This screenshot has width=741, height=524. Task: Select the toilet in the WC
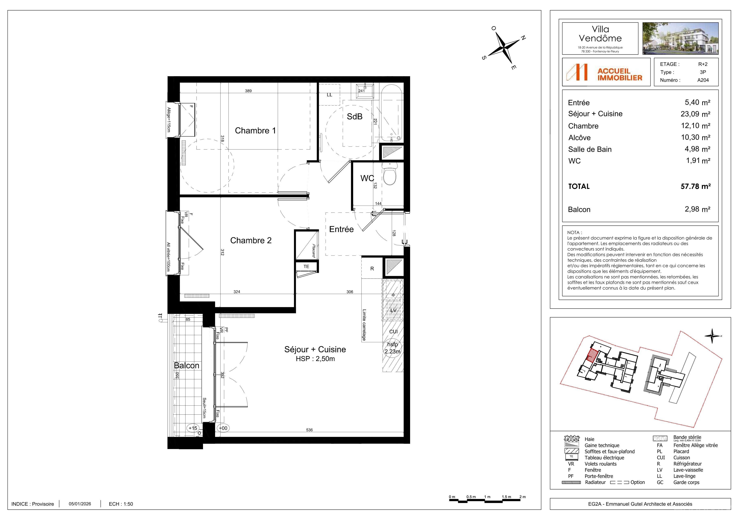pos(390,174)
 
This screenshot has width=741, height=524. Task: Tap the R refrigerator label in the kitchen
pos(372,269)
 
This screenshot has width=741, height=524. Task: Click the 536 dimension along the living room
pos(309,430)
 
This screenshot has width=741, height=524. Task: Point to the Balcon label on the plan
pos(187,365)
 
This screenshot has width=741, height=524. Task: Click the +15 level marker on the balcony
pos(193,428)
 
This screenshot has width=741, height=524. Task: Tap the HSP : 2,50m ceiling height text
pos(315,359)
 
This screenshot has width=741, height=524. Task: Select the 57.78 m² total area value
pos(696,186)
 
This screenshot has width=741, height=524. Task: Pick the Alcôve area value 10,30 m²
pos(696,137)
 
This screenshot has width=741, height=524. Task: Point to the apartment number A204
pos(703,80)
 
